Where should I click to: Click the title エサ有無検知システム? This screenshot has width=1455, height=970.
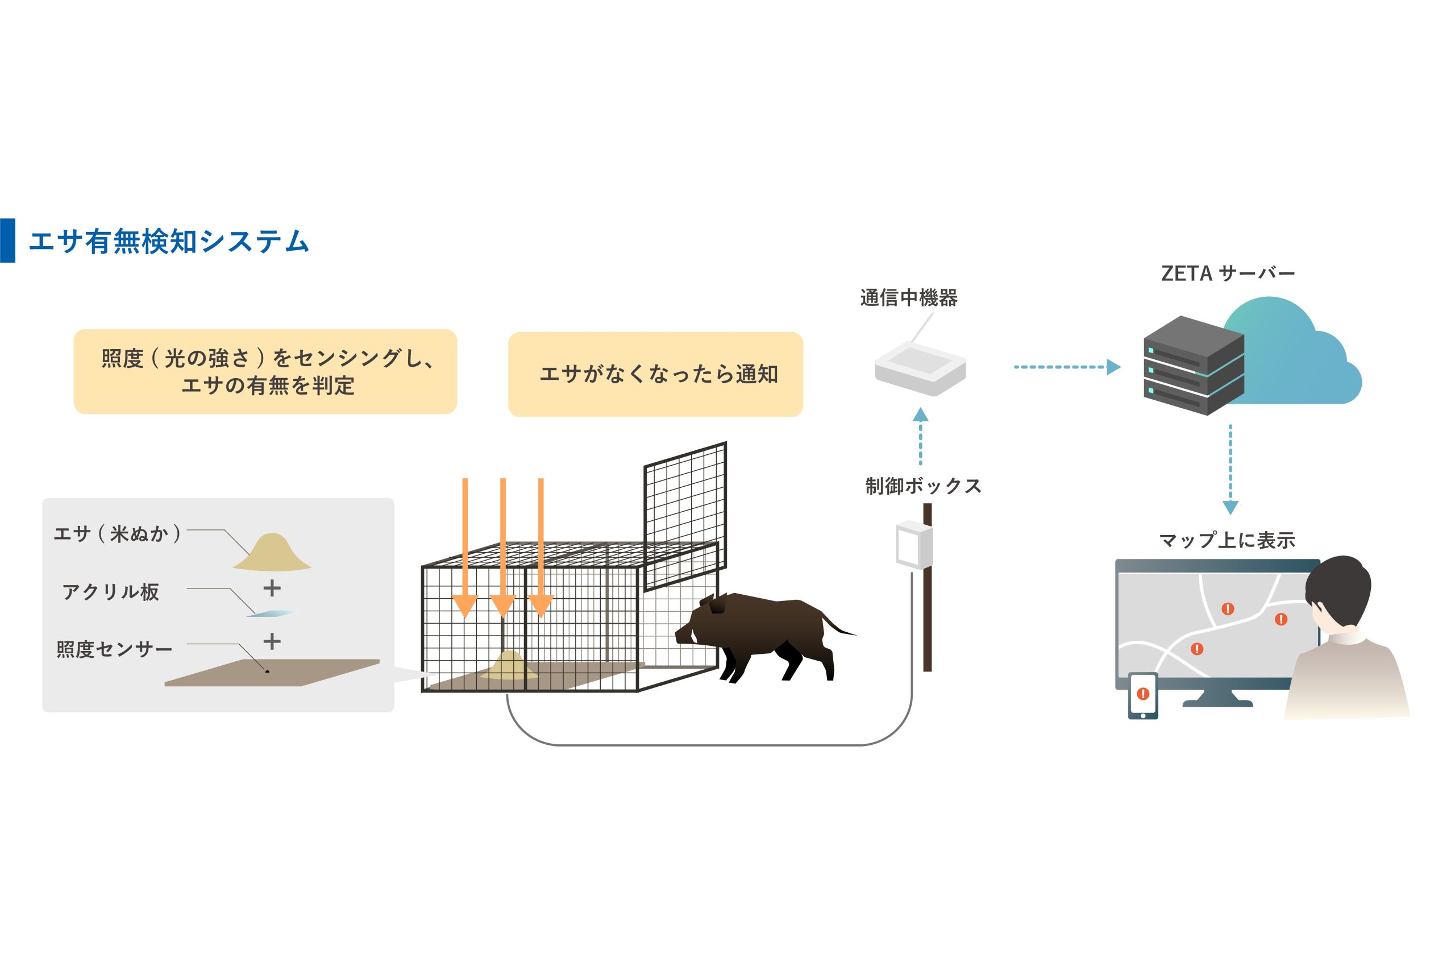(x=168, y=241)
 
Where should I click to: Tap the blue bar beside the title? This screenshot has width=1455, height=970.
(x=7, y=241)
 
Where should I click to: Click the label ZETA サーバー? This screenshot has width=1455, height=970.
(x=1228, y=273)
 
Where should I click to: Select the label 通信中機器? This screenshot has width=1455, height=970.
(x=908, y=298)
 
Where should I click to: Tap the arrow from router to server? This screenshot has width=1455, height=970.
(x=1066, y=367)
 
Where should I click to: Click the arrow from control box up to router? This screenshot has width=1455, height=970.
(x=920, y=436)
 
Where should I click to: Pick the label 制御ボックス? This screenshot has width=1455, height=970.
(x=922, y=486)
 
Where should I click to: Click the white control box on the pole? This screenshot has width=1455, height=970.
(x=914, y=544)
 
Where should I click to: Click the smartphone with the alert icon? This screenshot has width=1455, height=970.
(x=1143, y=695)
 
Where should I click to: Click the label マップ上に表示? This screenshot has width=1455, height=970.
(x=1227, y=540)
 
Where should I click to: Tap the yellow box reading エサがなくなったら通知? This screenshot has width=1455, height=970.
(x=655, y=374)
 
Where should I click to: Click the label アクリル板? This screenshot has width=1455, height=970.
(x=111, y=592)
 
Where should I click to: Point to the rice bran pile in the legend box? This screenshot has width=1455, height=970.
(x=272, y=552)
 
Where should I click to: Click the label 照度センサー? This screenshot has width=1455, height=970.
(x=114, y=649)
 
